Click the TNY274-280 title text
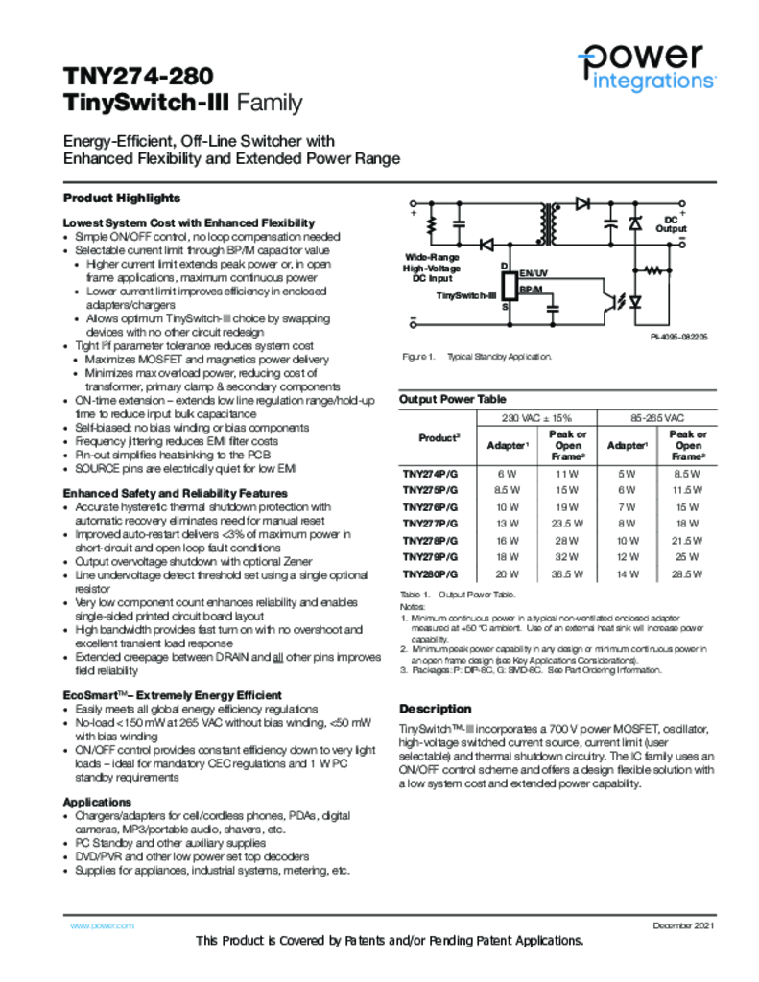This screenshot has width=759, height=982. (138, 76)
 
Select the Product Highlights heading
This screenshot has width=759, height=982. (122, 198)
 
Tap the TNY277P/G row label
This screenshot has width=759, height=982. (430, 524)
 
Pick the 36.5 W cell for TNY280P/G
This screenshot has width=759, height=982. (567, 574)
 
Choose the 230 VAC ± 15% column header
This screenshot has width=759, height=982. (536, 418)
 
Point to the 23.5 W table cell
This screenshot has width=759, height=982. (567, 524)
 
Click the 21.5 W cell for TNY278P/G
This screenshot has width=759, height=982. (687, 541)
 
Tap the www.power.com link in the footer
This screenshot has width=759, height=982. (103, 925)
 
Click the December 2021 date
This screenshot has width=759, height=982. (684, 925)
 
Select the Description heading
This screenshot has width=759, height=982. (435, 709)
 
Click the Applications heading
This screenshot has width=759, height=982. (97, 801)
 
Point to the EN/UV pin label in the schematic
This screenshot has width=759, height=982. (534, 274)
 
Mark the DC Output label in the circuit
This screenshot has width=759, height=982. (671, 224)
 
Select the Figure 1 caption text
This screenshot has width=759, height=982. (476, 357)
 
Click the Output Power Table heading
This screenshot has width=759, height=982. (452, 398)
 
